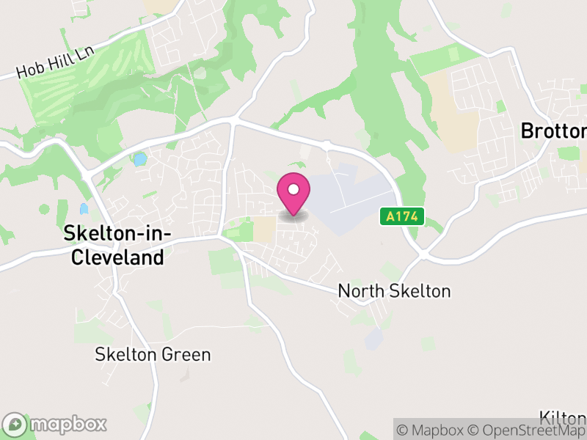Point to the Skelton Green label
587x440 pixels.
[153, 355]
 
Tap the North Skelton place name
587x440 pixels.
[394, 291]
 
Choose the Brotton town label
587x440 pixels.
[553, 131]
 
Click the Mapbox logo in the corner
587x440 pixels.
[55, 424]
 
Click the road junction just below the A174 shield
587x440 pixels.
[424, 254]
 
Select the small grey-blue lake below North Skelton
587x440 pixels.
[373, 339]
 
